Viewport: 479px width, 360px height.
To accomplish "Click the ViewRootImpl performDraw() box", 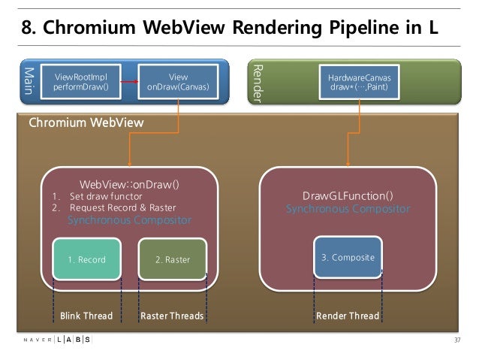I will [x=82, y=83].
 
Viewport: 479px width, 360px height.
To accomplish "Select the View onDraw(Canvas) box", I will [x=178, y=83].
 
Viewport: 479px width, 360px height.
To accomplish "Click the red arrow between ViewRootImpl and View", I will [x=129, y=83].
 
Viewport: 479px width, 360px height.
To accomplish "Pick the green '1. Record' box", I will [x=86, y=259].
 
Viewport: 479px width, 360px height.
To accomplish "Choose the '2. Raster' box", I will [x=173, y=259].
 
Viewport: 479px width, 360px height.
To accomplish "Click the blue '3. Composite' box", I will [x=348, y=257].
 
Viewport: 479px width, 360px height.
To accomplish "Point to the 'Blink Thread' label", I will [x=86, y=316].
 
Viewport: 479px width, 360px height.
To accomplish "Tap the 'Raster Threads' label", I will [x=172, y=316].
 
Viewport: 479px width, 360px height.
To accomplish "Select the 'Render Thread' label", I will [x=348, y=316].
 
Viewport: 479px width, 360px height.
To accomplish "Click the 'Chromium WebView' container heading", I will [x=86, y=123].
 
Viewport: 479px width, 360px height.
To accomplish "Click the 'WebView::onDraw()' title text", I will [x=129, y=183].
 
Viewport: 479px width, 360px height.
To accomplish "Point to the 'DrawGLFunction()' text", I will [x=348, y=196].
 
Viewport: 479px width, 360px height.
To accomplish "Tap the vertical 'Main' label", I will [x=29, y=83].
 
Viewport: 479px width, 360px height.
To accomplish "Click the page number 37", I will [x=456, y=340].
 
